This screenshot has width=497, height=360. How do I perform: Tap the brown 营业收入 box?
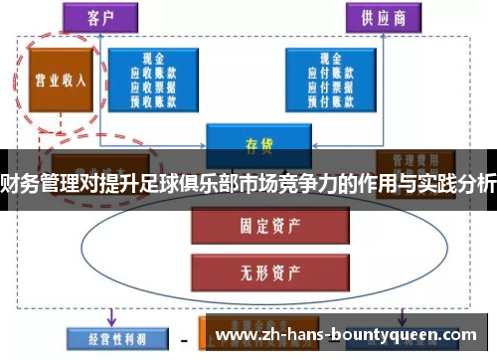[x=57, y=80]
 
